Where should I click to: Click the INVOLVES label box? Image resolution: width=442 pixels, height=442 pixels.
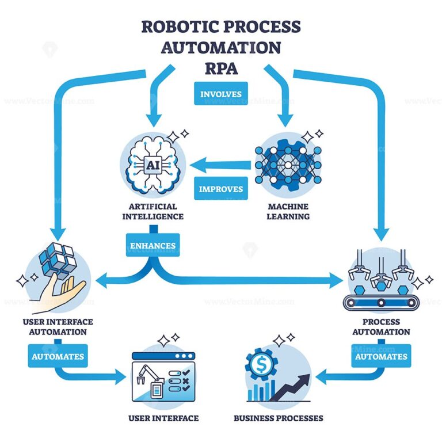[221, 94]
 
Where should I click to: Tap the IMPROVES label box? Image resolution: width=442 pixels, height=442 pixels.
[221, 189]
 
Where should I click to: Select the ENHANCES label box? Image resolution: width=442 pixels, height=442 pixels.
[153, 245]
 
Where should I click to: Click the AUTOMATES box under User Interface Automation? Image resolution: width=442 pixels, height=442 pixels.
[57, 356]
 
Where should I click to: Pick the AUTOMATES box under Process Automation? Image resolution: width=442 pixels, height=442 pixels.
[380, 356]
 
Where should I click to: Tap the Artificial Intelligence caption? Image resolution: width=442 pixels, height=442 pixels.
[153, 212]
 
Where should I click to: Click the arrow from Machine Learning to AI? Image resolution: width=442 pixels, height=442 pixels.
[222, 166]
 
